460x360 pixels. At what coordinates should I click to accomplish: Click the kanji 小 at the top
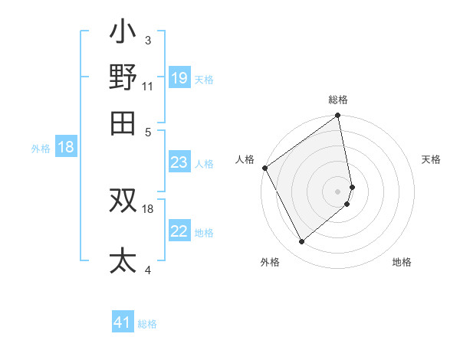coord(123,34)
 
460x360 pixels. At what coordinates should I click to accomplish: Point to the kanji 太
coord(123,261)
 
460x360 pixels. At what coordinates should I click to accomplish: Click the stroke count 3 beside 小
coord(147,40)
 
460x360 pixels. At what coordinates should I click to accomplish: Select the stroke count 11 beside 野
coord(148,85)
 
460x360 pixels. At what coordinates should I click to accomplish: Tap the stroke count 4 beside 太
coord(147,270)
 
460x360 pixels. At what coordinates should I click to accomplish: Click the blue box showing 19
coord(179,77)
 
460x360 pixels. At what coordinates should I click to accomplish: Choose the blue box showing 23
coord(179,162)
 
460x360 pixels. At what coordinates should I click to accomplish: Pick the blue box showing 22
coord(179,231)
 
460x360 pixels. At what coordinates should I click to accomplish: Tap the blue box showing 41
coord(123,323)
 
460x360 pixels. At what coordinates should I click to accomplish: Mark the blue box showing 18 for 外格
coord(66,148)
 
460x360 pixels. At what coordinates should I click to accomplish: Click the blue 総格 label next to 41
coord(147,324)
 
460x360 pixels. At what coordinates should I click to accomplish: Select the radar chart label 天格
coord(431,159)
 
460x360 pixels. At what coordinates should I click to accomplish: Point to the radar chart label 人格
coord(245,159)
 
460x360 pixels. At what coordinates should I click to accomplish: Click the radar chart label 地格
coord(402,262)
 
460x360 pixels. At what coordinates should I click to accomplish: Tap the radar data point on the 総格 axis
coord(338,116)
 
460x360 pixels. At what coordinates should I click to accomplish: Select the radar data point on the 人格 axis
coord(264,168)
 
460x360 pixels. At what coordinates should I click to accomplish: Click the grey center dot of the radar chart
coord(338,191)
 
